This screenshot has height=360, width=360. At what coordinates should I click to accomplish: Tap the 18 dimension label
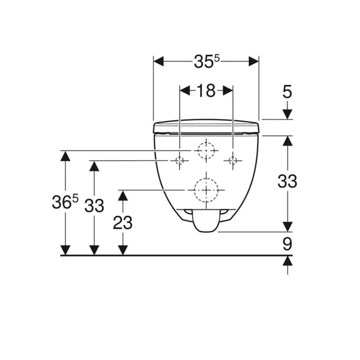click(x=205, y=90)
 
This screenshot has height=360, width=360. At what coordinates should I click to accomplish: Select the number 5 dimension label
click(x=287, y=91)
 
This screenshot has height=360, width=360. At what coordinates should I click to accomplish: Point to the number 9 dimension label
click(x=287, y=244)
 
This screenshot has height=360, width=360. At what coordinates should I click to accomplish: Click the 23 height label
click(x=122, y=222)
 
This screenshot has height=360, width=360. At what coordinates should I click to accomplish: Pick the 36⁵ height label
click(x=65, y=202)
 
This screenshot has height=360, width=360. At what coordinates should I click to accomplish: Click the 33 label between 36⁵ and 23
click(x=94, y=205)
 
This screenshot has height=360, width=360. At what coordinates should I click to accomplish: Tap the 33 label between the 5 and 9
click(x=287, y=181)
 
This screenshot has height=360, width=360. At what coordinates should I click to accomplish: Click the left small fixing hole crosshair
click(x=179, y=160)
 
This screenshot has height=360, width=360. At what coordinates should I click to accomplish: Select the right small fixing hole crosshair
click(x=232, y=160)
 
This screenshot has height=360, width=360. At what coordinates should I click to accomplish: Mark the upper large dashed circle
click(x=205, y=150)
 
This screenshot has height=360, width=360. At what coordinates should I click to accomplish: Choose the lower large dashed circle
click(x=205, y=190)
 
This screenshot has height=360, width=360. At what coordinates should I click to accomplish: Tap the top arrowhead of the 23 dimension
click(x=122, y=195)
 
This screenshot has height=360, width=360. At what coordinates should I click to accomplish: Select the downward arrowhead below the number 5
click(x=287, y=114)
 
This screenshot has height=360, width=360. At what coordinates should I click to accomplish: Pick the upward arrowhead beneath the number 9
click(x=287, y=261)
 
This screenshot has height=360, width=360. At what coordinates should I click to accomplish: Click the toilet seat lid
click(x=206, y=125)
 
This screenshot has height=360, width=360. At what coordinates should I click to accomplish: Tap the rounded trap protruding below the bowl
click(x=205, y=222)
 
